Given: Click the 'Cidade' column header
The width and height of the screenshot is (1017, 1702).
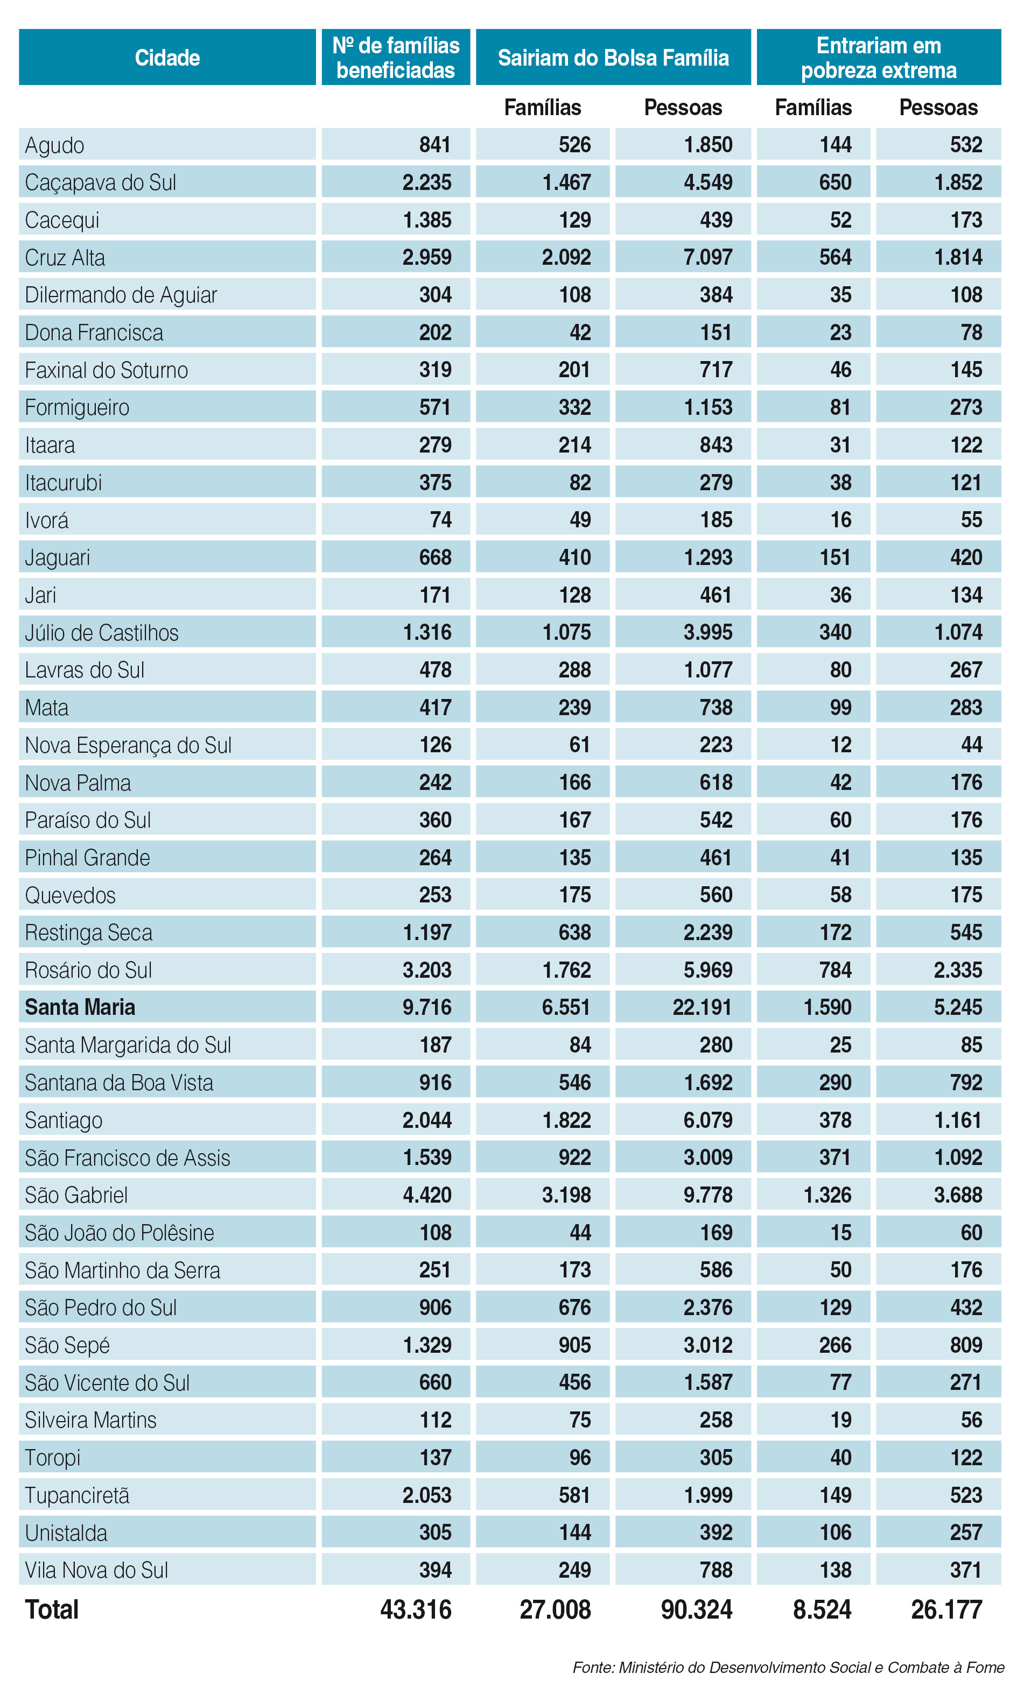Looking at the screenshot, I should coord(167,58).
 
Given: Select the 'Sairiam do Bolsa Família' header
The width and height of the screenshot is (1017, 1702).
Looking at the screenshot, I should coord(613,58).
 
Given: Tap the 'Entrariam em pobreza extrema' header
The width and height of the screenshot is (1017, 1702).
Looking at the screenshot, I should coord(878,58).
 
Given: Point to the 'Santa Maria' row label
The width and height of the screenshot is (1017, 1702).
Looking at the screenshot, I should coord(80,1007).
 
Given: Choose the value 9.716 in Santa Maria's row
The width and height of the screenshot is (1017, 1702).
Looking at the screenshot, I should coord(426,1007).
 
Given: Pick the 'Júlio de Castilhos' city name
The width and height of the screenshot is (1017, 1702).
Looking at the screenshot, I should coord(101,632).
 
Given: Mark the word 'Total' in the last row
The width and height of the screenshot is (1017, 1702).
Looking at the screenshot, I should coord(52,1609).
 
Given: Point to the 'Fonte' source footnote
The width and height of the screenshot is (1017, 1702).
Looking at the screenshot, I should coord(788,1667).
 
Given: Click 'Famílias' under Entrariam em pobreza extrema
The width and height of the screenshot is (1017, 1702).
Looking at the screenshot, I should coord(813,108).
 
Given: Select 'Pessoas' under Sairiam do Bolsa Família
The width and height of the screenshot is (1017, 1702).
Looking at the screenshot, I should coord(683,108).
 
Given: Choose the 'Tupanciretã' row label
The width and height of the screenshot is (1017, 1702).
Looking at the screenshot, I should coord(78,1495).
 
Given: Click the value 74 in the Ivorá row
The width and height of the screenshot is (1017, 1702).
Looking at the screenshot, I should coord(440,520).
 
